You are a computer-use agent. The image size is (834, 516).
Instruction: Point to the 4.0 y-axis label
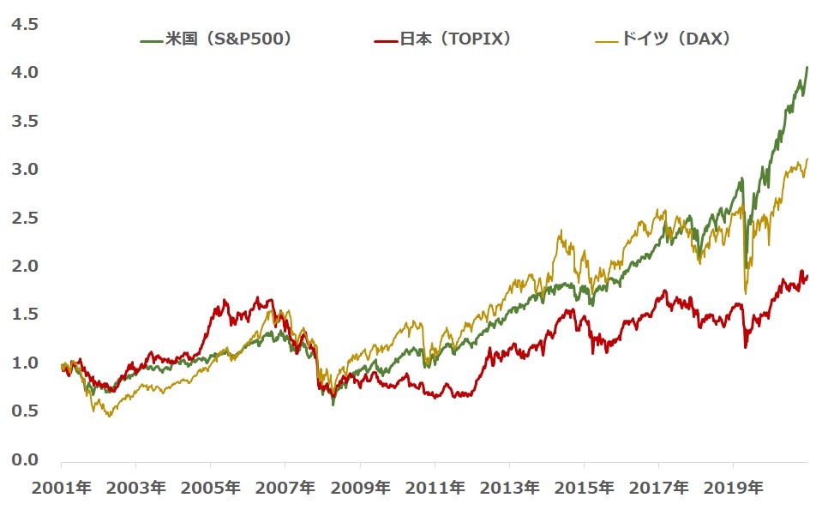26,73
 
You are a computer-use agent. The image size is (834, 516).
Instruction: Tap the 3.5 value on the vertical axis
26,121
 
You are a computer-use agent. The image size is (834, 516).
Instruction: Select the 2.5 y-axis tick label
26,218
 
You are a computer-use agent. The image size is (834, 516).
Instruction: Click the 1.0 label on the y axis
26,363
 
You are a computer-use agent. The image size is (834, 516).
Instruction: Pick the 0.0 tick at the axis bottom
26,459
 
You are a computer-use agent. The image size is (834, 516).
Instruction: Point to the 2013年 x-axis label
509,489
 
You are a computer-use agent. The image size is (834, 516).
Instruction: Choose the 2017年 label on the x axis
657,489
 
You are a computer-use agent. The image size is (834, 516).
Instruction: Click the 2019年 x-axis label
732,489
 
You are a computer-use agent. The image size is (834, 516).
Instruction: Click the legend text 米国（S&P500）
229,39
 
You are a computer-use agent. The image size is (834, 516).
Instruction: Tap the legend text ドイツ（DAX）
676,39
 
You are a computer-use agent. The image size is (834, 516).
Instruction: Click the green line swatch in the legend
151,39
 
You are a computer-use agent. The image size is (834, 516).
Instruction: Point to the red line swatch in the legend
386,39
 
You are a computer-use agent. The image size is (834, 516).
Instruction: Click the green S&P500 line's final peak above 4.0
807,67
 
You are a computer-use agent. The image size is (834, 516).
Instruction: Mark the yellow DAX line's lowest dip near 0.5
109,417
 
